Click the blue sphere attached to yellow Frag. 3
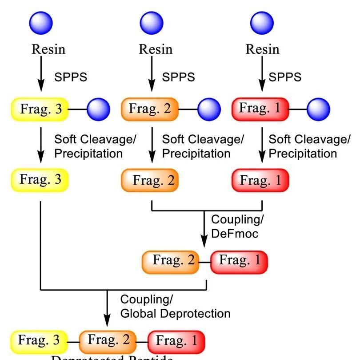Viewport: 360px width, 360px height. coord(98,109)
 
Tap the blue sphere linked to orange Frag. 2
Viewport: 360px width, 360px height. coord(209,109)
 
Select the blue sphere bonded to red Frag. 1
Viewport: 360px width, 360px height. coord(319,109)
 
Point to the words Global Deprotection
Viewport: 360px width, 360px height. coord(176,313)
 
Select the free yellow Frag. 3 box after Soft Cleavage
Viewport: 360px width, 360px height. coord(40,180)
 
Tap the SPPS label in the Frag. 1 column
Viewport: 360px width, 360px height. coord(285,77)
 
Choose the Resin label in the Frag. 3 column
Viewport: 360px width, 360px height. coord(48,49)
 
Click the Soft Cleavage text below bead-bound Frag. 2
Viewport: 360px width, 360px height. coord(203,139)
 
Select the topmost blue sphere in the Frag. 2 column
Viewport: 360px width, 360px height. coord(152,22)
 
